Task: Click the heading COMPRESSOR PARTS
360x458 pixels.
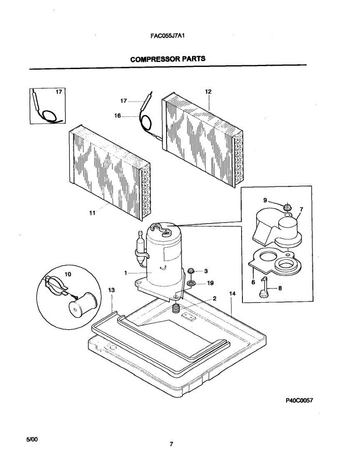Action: click(168, 59)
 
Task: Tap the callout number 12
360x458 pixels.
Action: click(208, 92)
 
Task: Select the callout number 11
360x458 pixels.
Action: click(92, 214)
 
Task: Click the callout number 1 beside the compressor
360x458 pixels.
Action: click(125, 273)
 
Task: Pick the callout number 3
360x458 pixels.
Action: click(206, 271)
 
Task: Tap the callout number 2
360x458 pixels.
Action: click(215, 298)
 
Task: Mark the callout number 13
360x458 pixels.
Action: click(111, 291)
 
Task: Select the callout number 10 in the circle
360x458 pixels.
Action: click(68, 274)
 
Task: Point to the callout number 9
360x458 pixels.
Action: click(265, 200)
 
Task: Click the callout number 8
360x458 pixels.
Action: click(280, 289)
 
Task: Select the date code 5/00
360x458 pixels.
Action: click(32, 440)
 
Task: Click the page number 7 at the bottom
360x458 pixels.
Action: click(171, 444)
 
